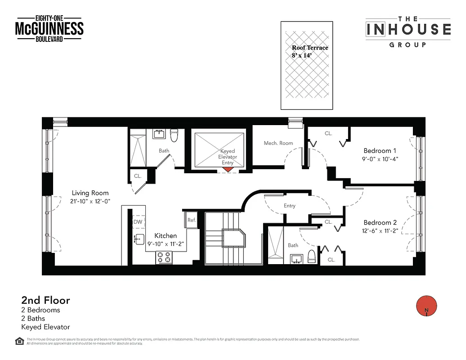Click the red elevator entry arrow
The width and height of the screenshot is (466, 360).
click(228, 169)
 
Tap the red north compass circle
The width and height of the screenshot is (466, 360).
click(425, 306)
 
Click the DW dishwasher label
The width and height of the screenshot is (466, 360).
click(138, 222)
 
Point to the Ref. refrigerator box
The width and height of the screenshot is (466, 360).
click(192, 220)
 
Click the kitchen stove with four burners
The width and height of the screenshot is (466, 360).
click(164, 257)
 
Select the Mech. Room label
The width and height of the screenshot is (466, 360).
click(278, 143)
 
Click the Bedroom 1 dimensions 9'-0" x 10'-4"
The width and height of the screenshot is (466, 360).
click(380, 159)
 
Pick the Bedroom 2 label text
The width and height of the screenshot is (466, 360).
click(380, 223)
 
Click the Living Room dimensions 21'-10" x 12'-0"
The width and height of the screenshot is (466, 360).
click(90, 201)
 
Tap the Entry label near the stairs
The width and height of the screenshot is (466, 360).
click(290, 206)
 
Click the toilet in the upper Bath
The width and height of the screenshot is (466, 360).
click(175, 135)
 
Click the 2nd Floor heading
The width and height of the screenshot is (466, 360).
click(45, 300)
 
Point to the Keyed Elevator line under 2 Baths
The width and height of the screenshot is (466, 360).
click(45, 327)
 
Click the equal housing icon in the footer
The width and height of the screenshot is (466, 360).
click(19, 340)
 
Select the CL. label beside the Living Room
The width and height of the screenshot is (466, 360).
click(138, 176)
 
